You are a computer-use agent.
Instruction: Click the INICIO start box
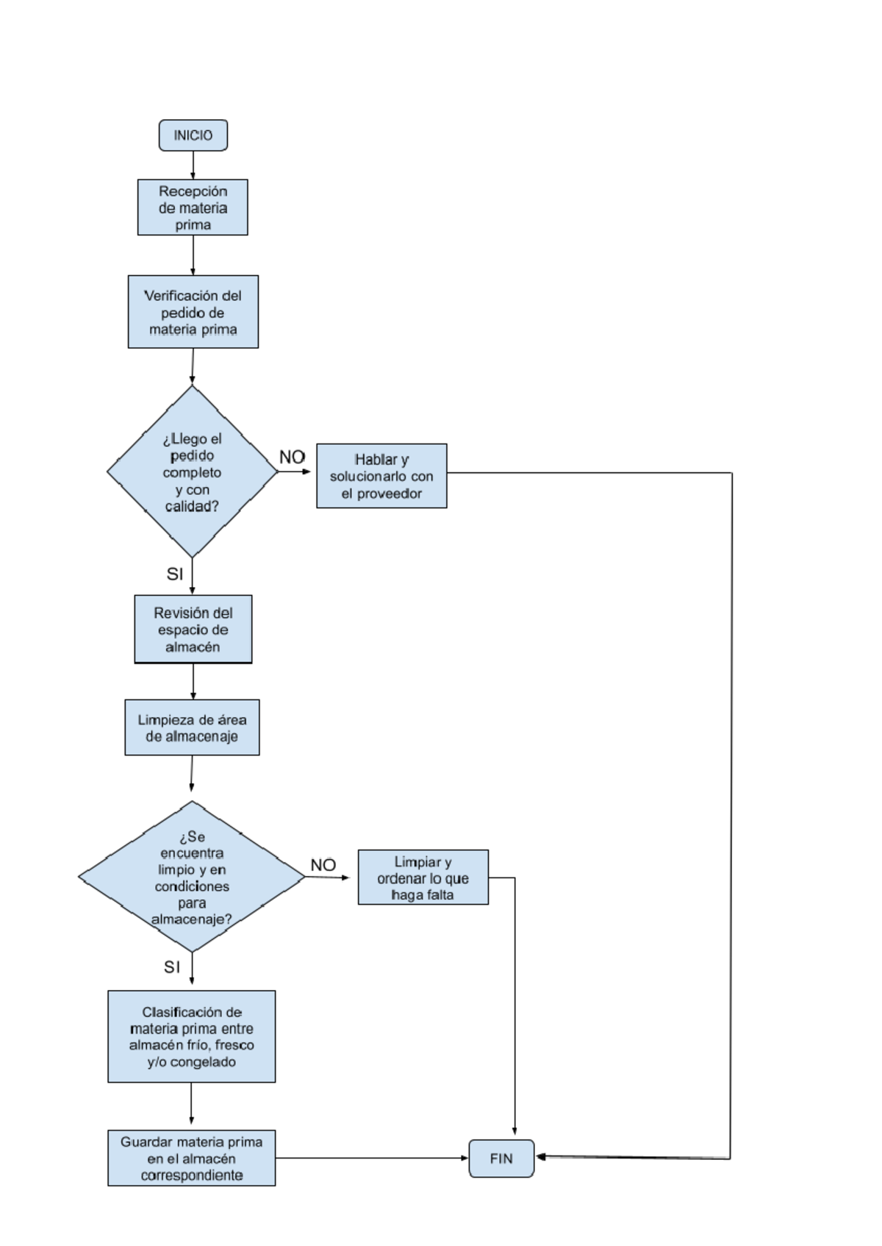coord(193,135)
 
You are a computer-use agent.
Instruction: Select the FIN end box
coord(501,1158)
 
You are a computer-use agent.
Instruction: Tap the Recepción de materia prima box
coord(193,207)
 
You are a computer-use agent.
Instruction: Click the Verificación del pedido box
coord(193,312)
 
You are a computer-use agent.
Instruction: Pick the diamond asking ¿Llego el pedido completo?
coord(192,471)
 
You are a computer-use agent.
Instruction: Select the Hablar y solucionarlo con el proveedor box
coord(381,476)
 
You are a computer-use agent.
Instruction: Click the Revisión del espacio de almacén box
coord(193,630)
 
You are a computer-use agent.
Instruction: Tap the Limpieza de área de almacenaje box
coord(192,727)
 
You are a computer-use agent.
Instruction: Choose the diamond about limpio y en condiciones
coord(192,877)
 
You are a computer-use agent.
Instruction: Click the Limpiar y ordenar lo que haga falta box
coord(423,877)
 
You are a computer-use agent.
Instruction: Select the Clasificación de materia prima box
coord(191,1036)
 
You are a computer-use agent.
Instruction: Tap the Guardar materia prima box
coord(191,1158)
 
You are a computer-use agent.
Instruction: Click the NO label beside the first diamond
coord(292,457)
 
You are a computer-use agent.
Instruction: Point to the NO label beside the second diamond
coord(323,865)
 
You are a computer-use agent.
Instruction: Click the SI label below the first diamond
coord(175,574)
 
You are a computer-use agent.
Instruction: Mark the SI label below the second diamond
coord(172,967)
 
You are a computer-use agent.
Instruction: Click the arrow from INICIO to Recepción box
coord(193,165)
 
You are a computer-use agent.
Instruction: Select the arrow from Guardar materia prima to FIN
coord(371,1158)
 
